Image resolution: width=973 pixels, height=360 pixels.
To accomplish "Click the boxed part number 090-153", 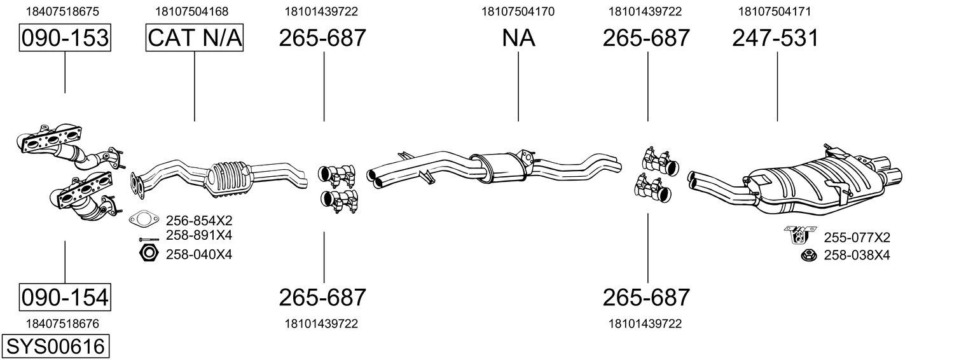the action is [x=65, y=38].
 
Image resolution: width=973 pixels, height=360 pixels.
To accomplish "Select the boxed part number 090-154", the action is [x=65, y=298].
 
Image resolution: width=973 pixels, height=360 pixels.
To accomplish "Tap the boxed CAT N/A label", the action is [x=194, y=38].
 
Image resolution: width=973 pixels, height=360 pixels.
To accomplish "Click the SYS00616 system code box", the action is [x=55, y=346].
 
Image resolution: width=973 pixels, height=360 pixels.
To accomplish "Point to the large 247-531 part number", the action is [x=775, y=38].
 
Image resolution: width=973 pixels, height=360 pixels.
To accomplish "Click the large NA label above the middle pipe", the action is [x=518, y=38].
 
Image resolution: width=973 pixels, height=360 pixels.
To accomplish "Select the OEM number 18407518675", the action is [x=62, y=11].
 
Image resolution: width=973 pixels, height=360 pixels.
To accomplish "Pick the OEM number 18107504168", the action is [x=192, y=11].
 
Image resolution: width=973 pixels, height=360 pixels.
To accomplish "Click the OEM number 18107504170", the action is [x=518, y=11].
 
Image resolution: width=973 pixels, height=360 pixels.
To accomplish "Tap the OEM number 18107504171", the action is [x=775, y=11].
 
